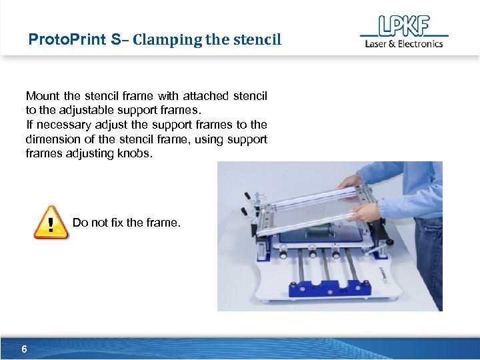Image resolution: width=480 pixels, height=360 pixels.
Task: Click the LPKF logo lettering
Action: click(403, 26)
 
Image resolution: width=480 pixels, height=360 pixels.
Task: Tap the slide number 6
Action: click(24, 349)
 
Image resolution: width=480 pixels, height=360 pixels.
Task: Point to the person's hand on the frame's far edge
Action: click(349, 180)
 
